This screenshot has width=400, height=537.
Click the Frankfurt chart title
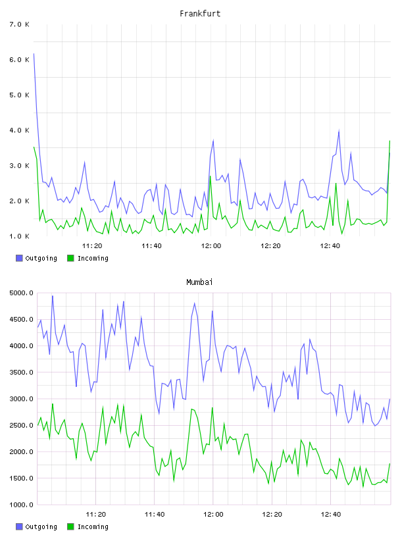coord(200,14)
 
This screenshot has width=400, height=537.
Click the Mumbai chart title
coord(199,282)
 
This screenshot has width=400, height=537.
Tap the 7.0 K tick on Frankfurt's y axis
coord(19,24)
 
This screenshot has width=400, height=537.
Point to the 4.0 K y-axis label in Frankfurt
coord(19,130)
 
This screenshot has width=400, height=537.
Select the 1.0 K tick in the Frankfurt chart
coord(19,236)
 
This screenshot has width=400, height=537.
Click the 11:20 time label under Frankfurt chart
coord(92,245)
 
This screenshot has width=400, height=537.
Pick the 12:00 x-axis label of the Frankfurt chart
coord(211,245)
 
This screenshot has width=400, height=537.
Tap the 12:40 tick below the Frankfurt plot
coord(330,245)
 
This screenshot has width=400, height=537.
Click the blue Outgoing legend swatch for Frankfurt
coord(19,258)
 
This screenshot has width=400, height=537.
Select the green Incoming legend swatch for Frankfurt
coord(70,258)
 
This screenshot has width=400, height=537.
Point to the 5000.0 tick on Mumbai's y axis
coord(21,293)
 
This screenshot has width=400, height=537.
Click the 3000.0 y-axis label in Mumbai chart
coord(21,399)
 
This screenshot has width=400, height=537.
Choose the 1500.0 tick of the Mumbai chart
coord(21,478)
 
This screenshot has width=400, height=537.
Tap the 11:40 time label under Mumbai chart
coord(155,514)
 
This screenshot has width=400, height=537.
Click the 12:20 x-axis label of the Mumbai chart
coord(272,514)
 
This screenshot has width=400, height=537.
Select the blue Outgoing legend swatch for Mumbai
coord(19,526)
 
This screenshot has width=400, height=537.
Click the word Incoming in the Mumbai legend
coord(93,527)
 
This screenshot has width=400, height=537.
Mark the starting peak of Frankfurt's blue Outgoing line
coord(34,54)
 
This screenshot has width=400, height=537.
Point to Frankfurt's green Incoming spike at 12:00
coord(211,176)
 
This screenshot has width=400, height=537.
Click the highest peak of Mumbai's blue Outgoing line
coord(53,295)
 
